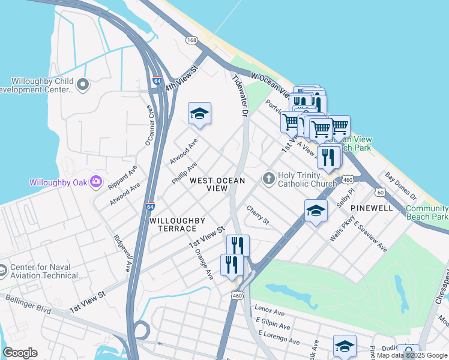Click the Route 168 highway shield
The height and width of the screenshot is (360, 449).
point(191,40)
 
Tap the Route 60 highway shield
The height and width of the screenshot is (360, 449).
point(380,192)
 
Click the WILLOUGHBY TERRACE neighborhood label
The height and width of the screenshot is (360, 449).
point(173,225)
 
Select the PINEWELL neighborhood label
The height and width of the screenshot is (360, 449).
point(372,208)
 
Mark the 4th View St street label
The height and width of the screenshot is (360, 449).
point(182,79)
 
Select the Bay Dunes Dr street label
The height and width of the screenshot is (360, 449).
point(401,187)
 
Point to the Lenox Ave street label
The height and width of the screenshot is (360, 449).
point(270,313)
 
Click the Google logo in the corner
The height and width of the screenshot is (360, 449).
point(20,353)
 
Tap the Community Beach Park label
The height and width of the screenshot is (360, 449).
point(427,212)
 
